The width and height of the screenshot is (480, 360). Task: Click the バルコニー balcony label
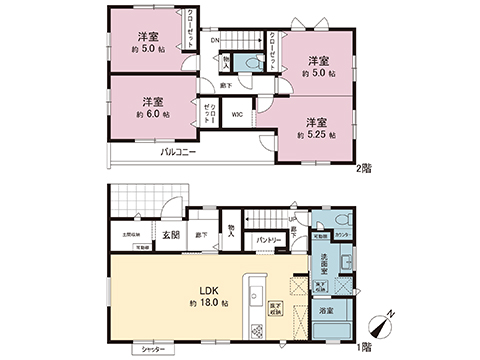pyautogui.click(x=179, y=153)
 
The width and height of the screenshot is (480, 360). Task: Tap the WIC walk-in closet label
pyautogui.click(x=236, y=114)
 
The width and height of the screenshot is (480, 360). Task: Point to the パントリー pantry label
pyautogui.click(x=265, y=241)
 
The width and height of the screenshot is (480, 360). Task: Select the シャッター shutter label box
pyautogui.click(x=152, y=350)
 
